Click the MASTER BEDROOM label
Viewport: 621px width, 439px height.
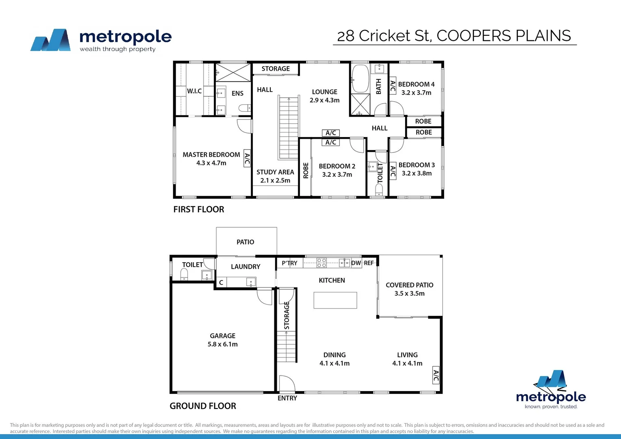[x=211, y=155]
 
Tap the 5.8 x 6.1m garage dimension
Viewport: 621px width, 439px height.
[x=222, y=344]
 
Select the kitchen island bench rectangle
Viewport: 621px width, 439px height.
[x=335, y=300]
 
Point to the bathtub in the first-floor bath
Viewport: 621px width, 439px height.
[x=360, y=78]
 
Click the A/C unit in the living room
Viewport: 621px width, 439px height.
[x=436, y=376]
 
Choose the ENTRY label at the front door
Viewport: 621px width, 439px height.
[x=287, y=398]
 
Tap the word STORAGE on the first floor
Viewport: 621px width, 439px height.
[x=276, y=69]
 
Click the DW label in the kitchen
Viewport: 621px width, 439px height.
[x=356, y=263]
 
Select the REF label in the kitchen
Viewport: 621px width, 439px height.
[x=369, y=263]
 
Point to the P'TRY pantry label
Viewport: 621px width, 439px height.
[x=289, y=263]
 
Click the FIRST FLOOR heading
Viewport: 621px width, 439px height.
[x=199, y=209]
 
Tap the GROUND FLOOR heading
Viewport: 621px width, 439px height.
[x=203, y=406]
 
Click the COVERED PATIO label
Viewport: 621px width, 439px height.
[x=409, y=285]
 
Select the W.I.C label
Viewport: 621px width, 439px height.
[x=194, y=91]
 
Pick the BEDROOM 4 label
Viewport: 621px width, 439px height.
[x=416, y=85]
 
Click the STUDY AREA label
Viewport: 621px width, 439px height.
[x=275, y=172]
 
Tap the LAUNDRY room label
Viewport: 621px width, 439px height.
[x=245, y=267]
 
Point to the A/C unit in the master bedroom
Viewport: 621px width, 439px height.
[x=247, y=158]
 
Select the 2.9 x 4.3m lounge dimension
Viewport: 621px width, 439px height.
[x=324, y=100]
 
